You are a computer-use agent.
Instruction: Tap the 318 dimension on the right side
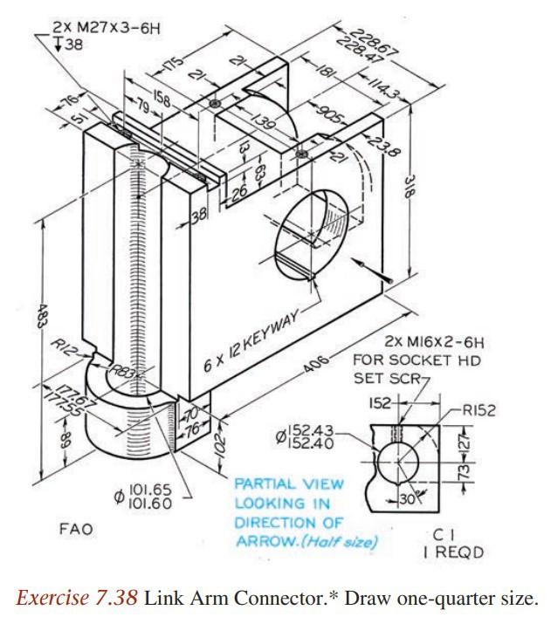click(410, 186)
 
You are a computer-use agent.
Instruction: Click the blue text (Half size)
click(348, 542)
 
